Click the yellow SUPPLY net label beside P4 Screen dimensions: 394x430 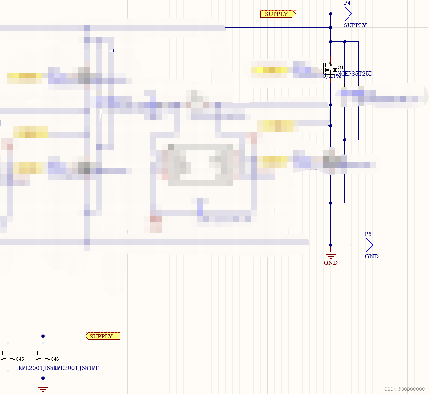(x=277, y=14)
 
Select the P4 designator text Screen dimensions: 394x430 (x=347, y=3)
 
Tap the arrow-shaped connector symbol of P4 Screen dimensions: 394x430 (x=348, y=14)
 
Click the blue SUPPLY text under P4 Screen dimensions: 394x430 (x=355, y=25)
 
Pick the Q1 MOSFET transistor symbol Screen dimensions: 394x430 (x=330, y=70)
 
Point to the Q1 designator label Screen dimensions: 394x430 (x=340, y=67)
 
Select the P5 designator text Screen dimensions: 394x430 (x=368, y=234)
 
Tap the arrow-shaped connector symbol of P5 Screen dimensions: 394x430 (x=368, y=245)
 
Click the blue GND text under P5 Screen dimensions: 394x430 (x=371, y=256)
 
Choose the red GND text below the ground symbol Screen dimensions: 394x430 (x=330, y=263)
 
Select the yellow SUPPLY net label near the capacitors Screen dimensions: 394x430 (x=102, y=336)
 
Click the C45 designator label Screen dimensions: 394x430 (x=20, y=359)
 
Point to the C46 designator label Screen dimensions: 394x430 (x=55, y=359)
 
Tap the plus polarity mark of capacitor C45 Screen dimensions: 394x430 (x=3, y=353)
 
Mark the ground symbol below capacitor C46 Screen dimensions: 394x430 (x=43, y=387)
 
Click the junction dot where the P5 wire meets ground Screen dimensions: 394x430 (x=330, y=245)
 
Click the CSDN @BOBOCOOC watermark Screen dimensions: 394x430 (x=404, y=389)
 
